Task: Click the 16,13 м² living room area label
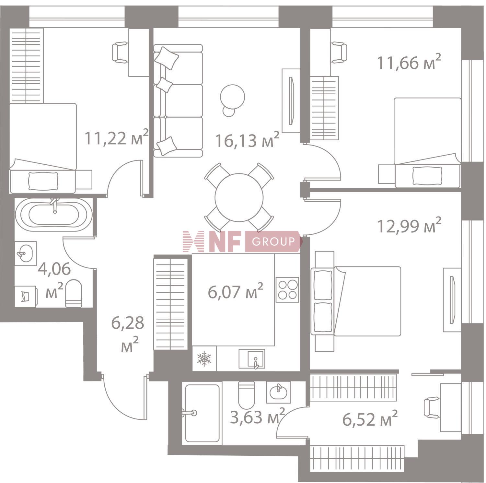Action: tap(247, 140)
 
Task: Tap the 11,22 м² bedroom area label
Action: tap(117, 137)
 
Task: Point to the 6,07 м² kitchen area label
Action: tap(236, 291)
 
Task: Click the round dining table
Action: tap(239, 197)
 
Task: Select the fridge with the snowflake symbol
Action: tap(204, 359)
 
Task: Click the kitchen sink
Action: tap(252, 359)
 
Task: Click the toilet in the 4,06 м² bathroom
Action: tap(74, 293)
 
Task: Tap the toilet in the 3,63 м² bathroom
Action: tap(247, 395)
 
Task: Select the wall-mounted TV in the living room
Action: tap(291, 100)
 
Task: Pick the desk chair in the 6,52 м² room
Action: tap(432, 408)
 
